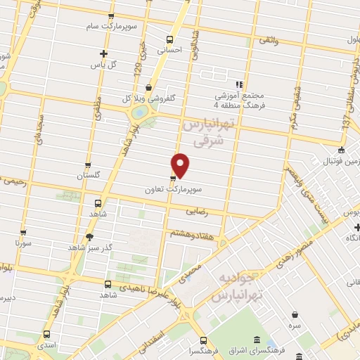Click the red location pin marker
[x=181, y=165]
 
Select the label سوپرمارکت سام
[x=140, y=25]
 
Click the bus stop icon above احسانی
[x=169, y=39]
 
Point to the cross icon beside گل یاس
[x=103, y=53]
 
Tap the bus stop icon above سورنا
[x=23, y=232]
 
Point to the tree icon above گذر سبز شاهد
[x=89, y=237]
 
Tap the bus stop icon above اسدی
[x=47, y=335]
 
